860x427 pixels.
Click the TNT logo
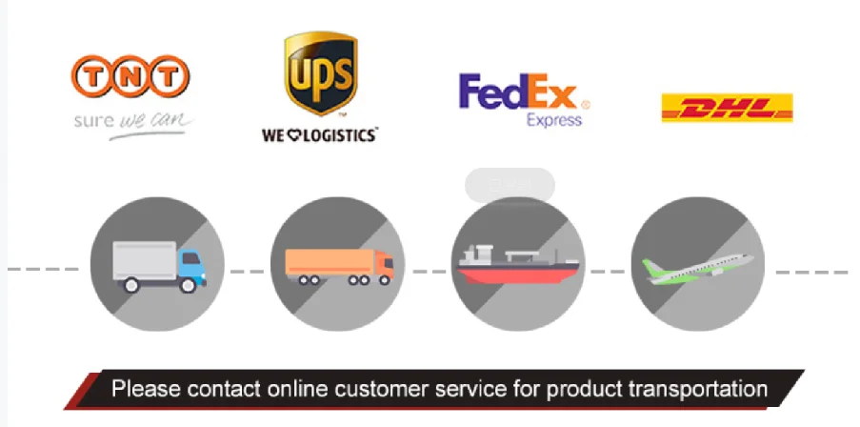pos(130,76)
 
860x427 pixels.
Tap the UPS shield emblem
pos(320,73)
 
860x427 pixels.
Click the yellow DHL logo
pos(727,108)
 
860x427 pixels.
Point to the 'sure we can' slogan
pos(132,123)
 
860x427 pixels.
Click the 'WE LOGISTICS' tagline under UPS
pos(319,135)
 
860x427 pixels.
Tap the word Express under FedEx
pos(553,121)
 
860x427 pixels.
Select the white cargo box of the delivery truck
pos(144,259)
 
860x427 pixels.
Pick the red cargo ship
pos(518,268)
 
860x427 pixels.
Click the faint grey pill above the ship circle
pos(510,185)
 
